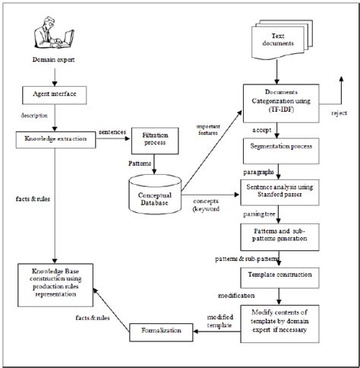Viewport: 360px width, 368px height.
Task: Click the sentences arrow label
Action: pos(112,131)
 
